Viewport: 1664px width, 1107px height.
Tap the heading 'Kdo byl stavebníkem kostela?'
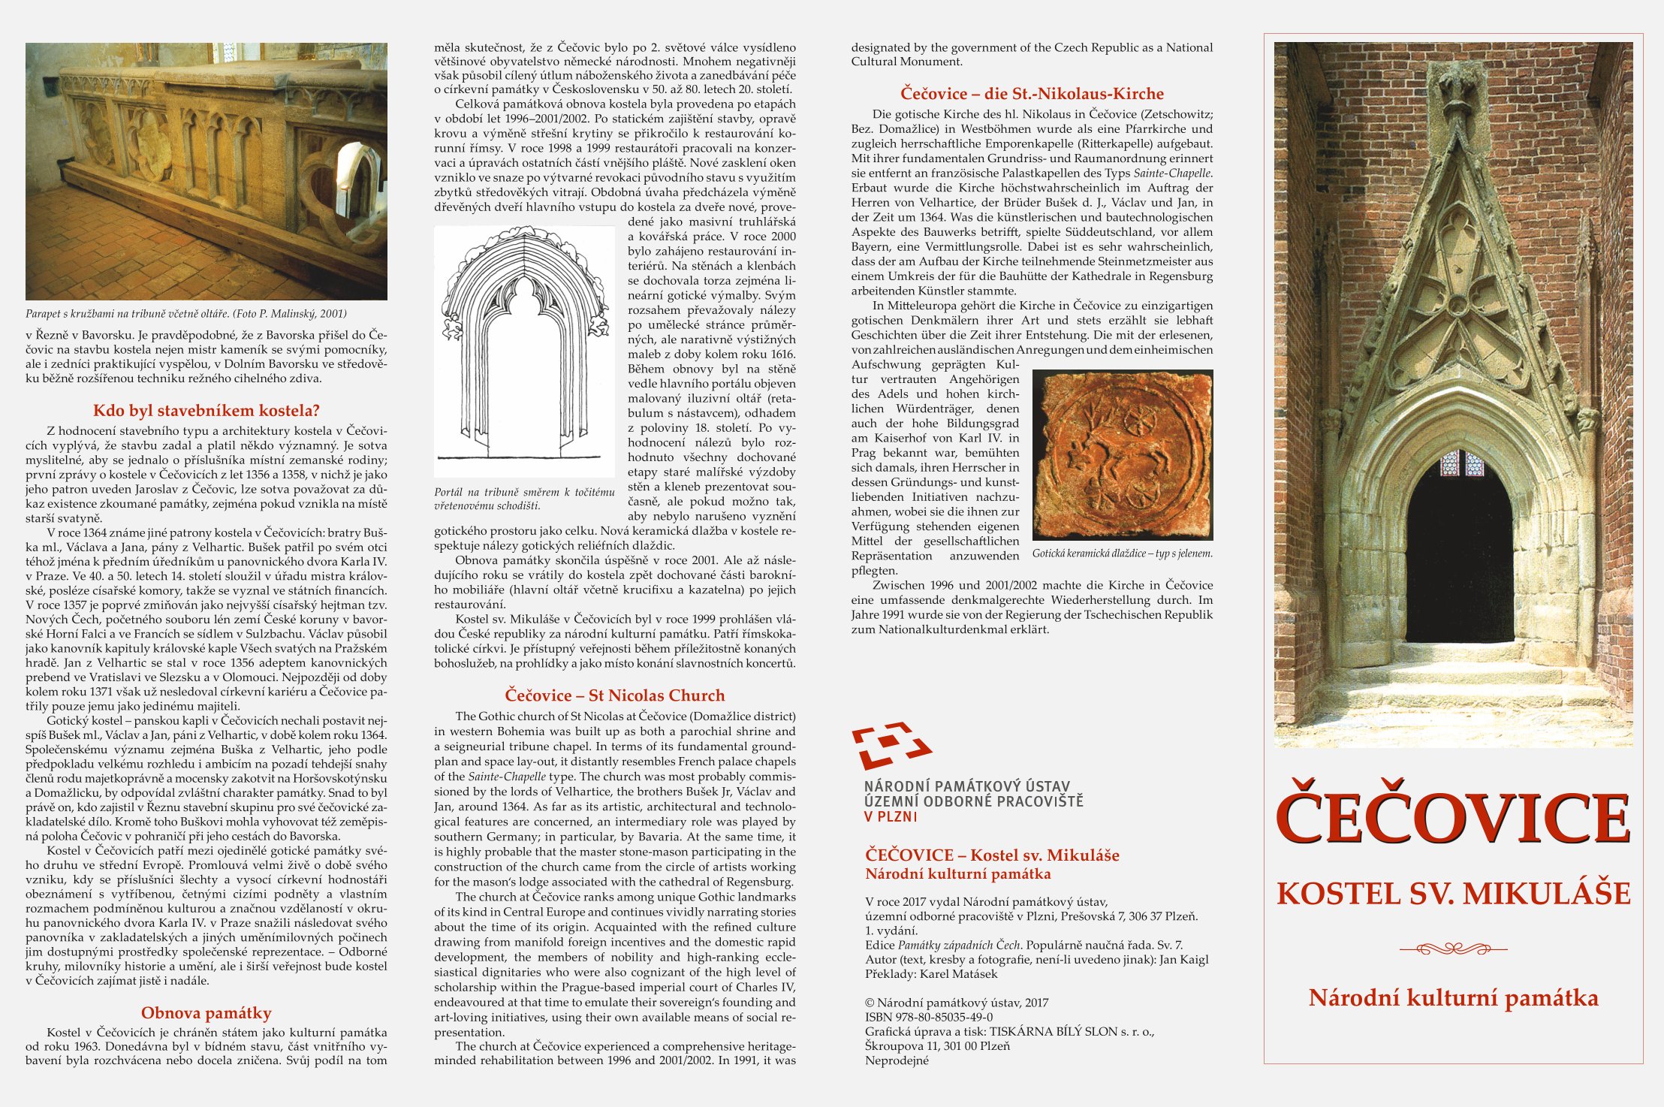point(206,411)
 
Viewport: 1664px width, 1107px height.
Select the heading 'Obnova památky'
point(206,1013)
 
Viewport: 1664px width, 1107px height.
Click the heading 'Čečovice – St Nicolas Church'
point(614,695)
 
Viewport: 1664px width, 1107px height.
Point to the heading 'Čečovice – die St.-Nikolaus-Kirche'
point(1032,94)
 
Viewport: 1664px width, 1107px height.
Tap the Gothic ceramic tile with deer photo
point(1122,454)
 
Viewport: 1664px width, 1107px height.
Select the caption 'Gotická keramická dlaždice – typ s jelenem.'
point(1122,553)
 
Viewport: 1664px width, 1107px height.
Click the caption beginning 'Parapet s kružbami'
point(186,314)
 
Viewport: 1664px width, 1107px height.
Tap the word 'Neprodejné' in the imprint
point(897,1060)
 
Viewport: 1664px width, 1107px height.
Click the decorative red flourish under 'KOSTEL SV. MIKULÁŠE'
point(1453,949)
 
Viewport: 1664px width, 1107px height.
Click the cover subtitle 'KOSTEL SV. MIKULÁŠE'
point(1453,894)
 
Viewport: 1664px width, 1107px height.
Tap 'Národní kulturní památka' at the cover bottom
point(1453,998)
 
